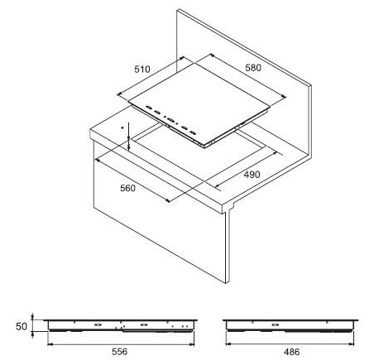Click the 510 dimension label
pyautogui.click(x=142, y=69)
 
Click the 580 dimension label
pyautogui.click(x=253, y=68)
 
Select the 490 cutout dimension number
pyautogui.click(x=252, y=175)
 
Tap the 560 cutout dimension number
pyautogui.click(x=128, y=188)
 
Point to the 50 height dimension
pyautogui.click(x=22, y=326)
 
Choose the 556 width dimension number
pyautogui.click(x=120, y=352)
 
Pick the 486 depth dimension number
pyautogui.click(x=291, y=352)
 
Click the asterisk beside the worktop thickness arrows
pyautogui.click(x=122, y=127)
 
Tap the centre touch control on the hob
pyautogui.click(x=170, y=120)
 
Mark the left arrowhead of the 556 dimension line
pyautogui.click(x=50, y=344)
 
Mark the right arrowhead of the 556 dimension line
pyautogui.click(x=192, y=344)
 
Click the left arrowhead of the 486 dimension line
pyautogui.click(x=228, y=344)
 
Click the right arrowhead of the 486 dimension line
pyautogui.click(x=352, y=344)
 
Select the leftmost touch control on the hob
pyautogui.click(x=148, y=108)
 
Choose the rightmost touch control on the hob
pyautogui.click(x=194, y=133)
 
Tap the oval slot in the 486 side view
pyautogui.click(x=275, y=324)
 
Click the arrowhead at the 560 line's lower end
pyautogui.click(x=167, y=200)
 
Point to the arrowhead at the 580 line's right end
pyautogui.click(x=284, y=96)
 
